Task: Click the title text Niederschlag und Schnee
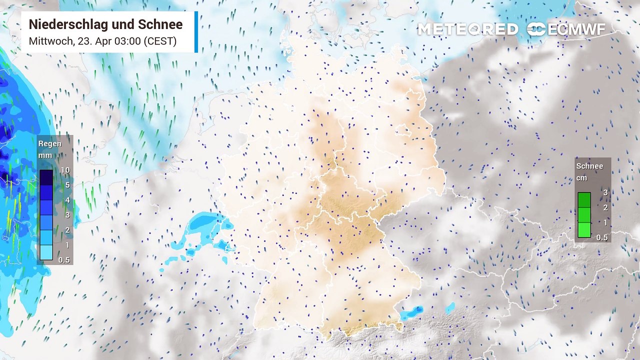105,24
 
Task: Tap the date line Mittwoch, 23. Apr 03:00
102,41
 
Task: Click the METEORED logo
467,29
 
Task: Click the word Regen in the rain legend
50,144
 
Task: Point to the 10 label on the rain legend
65,170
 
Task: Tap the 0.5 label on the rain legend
64,260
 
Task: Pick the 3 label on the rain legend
67,215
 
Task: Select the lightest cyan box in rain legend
46,252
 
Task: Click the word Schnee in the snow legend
589,166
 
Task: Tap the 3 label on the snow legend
605,193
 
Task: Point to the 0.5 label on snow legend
602,237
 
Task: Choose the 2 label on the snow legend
605,207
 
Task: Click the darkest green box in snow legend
584,200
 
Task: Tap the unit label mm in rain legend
45,155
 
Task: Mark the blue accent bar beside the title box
196,32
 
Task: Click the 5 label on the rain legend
67,185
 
